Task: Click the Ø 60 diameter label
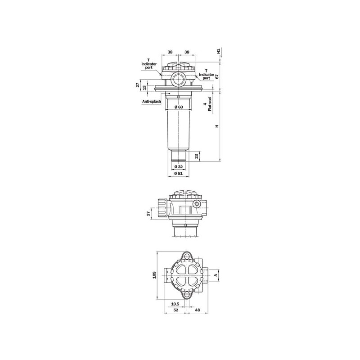pyautogui.click(x=179, y=107)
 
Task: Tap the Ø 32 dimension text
pyautogui.click(x=178, y=166)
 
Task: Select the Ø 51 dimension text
pyautogui.click(x=178, y=173)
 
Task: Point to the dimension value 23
pyautogui.click(x=197, y=156)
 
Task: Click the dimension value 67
pyautogui.click(x=217, y=76)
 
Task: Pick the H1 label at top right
pyautogui.click(x=219, y=51)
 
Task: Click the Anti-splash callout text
pyautogui.click(x=152, y=102)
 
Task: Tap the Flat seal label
pyautogui.click(x=210, y=104)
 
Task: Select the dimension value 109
pyautogui.click(x=154, y=275)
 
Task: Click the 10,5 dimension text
pyautogui.click(x=175, y=304)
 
